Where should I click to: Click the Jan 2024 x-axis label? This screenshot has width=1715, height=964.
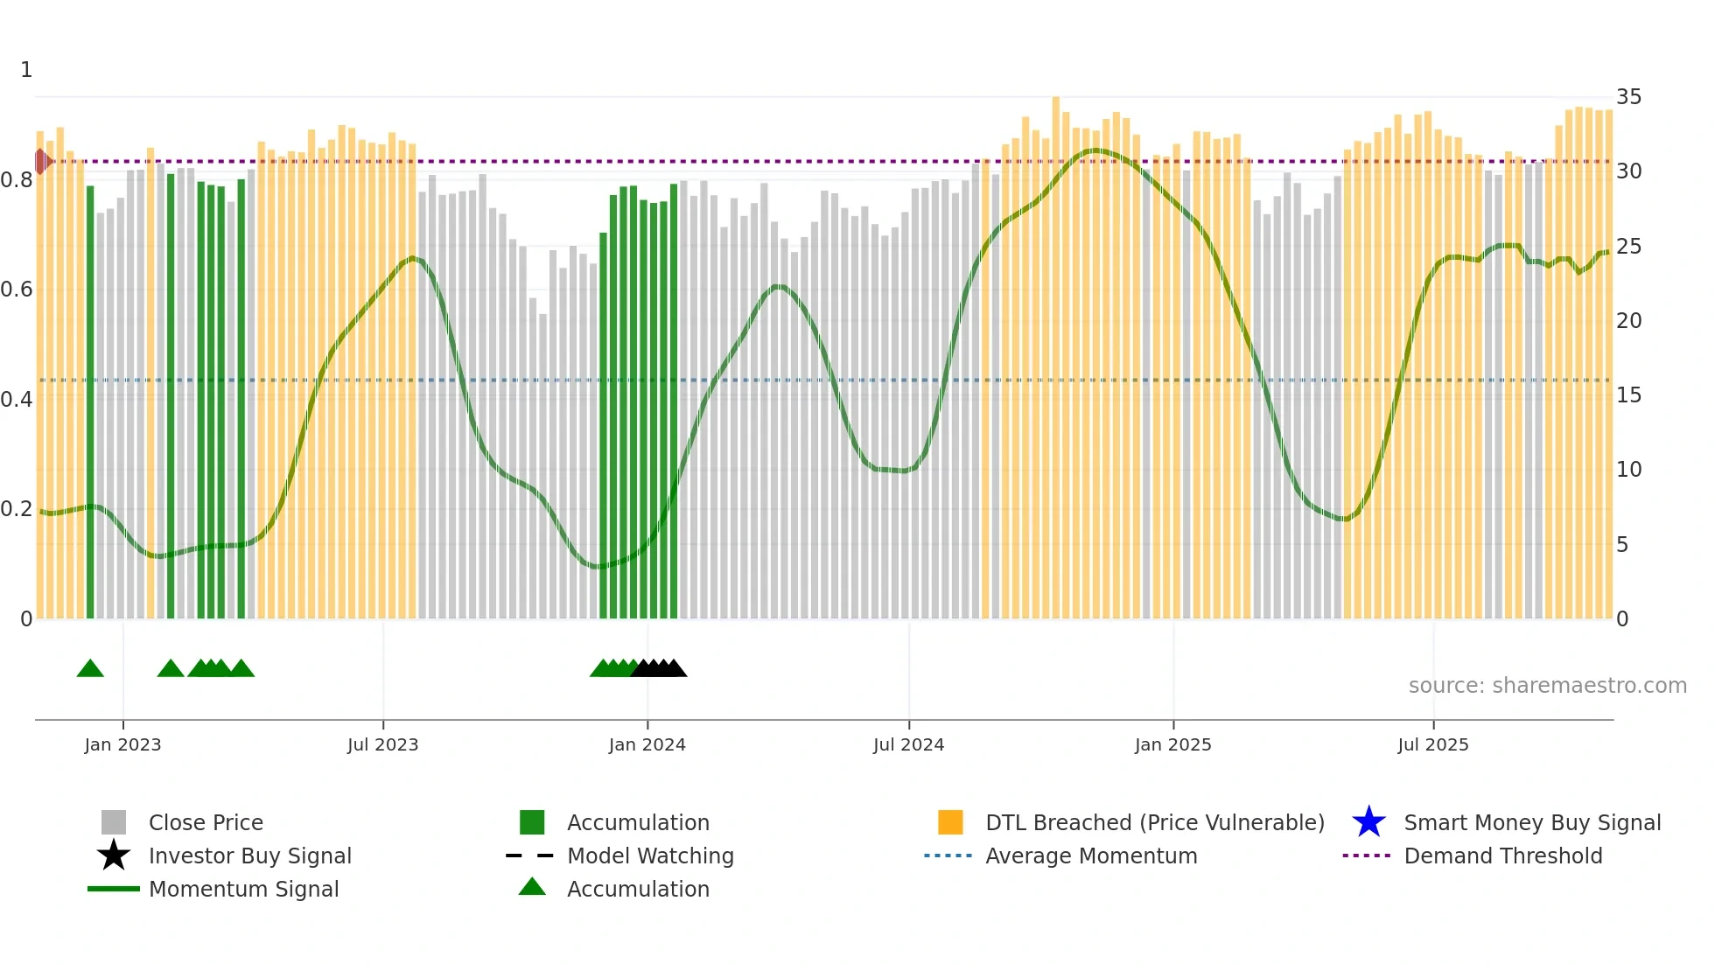tap(647, 744)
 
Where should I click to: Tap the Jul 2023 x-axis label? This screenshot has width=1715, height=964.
tap(382, 744)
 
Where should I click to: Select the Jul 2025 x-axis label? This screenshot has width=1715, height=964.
tap(1432, 744)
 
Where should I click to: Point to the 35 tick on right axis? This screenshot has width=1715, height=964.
tap(1628, 97)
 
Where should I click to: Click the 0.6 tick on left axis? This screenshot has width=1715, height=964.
tap(17, 290)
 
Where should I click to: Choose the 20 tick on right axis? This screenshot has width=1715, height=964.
tap(1628, 321)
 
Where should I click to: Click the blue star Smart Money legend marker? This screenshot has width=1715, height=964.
tap(1368, 822)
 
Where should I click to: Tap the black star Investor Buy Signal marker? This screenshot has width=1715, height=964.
tap(114, 856)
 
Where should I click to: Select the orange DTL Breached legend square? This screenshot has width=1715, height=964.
tap(950, 822)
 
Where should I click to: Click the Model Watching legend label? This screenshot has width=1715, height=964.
tap(650, 856)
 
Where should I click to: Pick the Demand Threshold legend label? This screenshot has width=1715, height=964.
tap(1502, 856)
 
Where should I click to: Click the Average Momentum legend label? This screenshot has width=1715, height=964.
tap(1091, 856)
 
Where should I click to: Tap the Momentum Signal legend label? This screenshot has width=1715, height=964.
tap(243, 889)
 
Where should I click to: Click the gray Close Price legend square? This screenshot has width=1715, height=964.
tap(114, 822)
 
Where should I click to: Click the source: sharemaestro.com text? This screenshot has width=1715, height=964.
tap(1547, 686)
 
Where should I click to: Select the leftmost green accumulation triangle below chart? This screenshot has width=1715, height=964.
tap(90, 669)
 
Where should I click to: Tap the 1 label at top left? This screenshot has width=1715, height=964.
tap(26, 70)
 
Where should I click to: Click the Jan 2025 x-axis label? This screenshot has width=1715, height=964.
tap(1172, 744)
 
